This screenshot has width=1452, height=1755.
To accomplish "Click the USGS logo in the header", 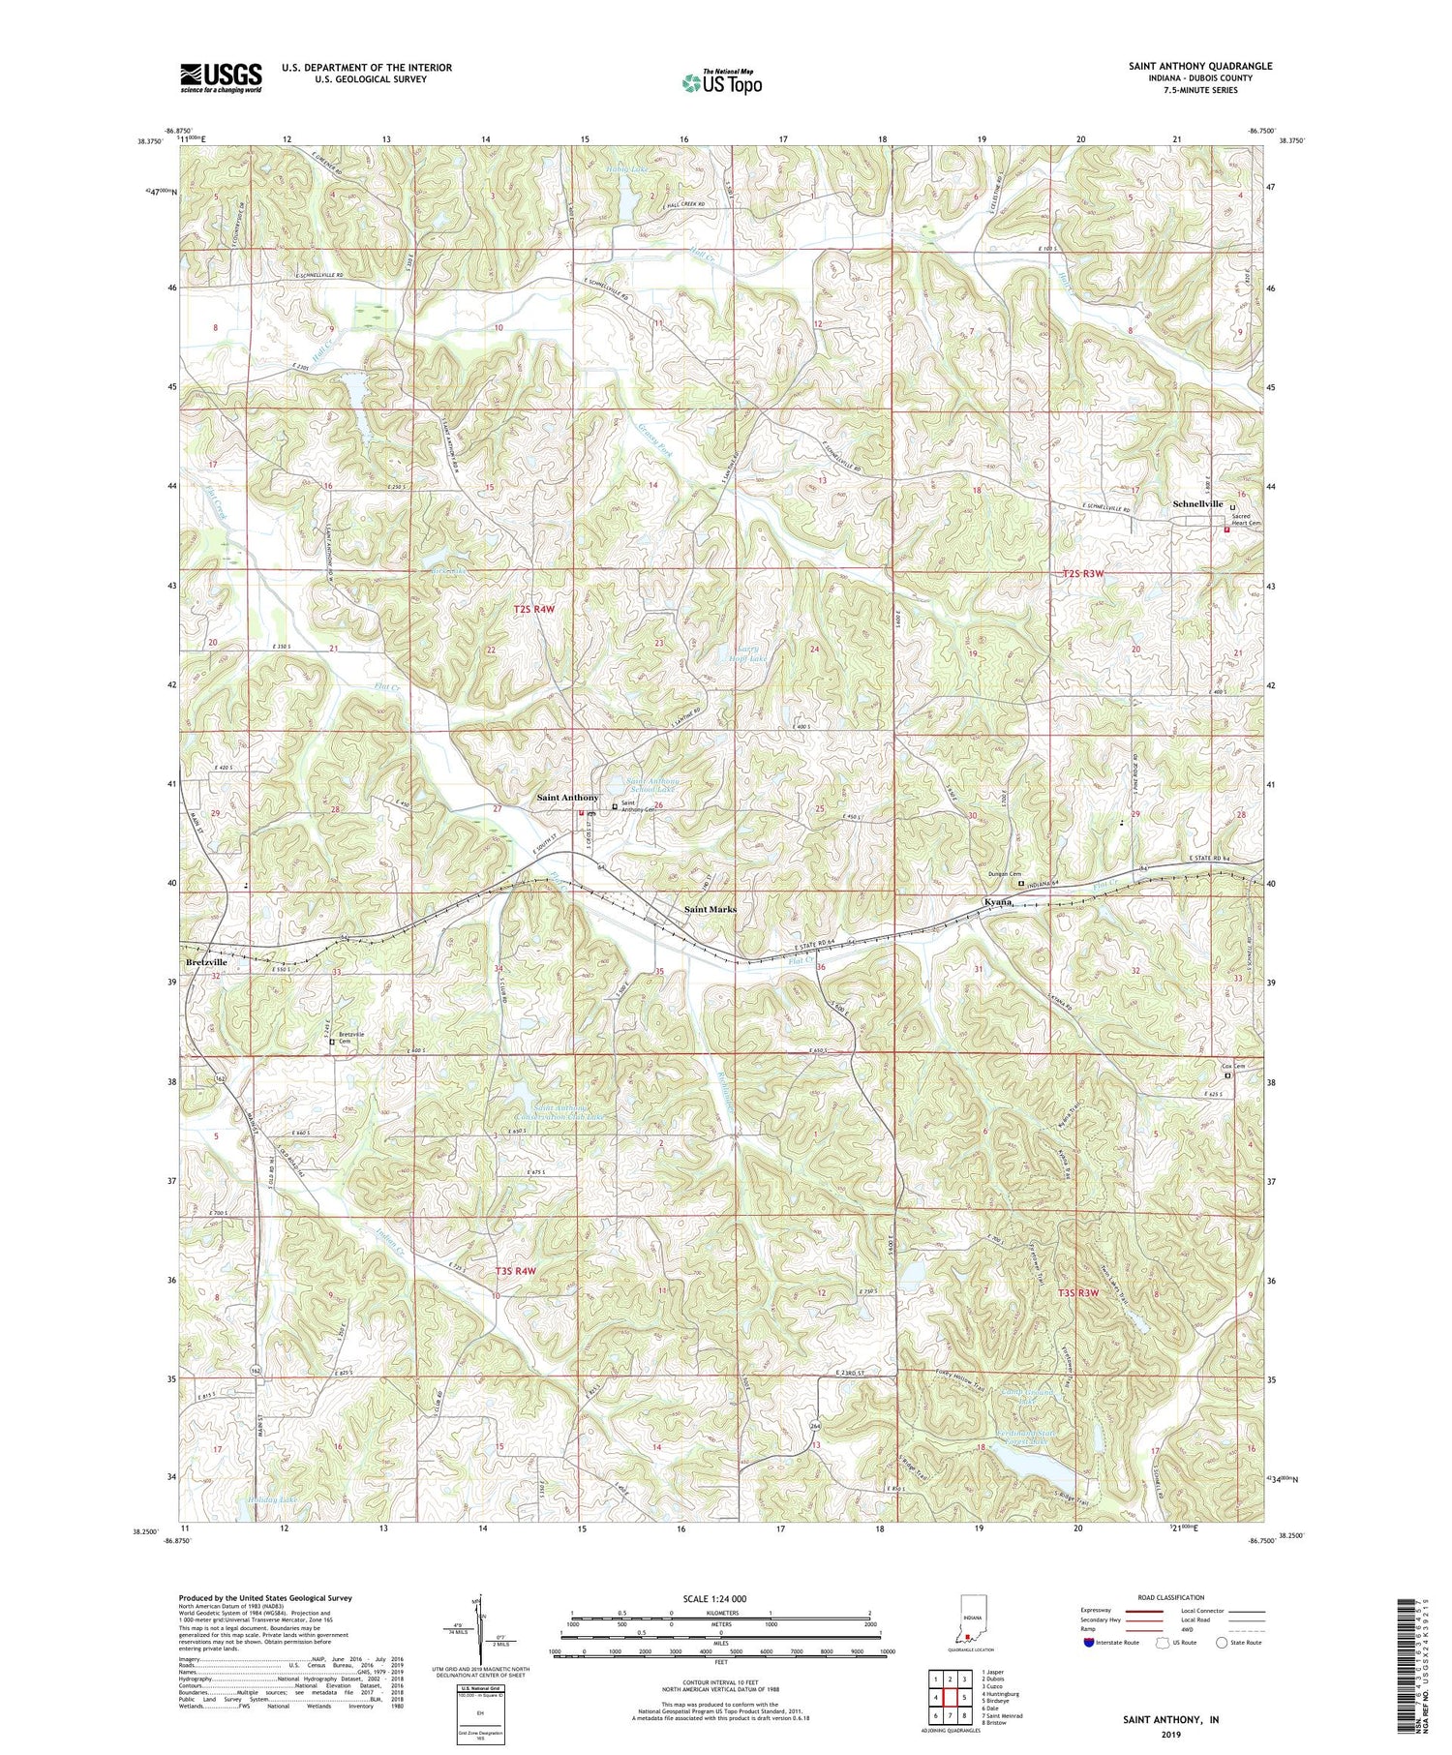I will [x=221, y=77].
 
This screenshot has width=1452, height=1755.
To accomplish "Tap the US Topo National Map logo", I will [x=722, y=83].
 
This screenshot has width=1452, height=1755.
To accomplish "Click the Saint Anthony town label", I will [x=567, y=798].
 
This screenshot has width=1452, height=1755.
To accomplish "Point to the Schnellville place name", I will [x=1198, y=504].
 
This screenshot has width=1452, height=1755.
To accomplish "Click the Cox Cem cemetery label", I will [x=1242, y=1067].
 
